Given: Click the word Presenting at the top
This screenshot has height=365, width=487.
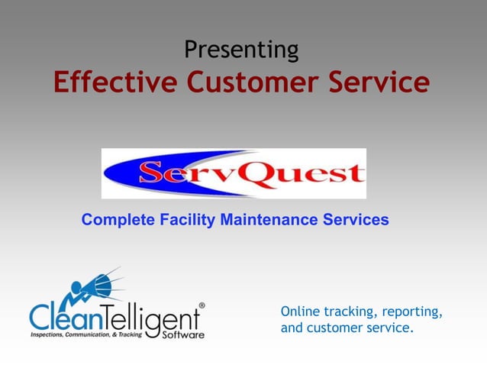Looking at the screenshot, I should click(241, 50).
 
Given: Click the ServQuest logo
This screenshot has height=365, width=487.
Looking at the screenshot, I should click(234, 174).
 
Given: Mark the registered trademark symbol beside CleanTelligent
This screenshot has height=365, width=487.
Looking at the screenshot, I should click(202, 305).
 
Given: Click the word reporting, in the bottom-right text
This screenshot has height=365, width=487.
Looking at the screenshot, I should click(417, 313).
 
